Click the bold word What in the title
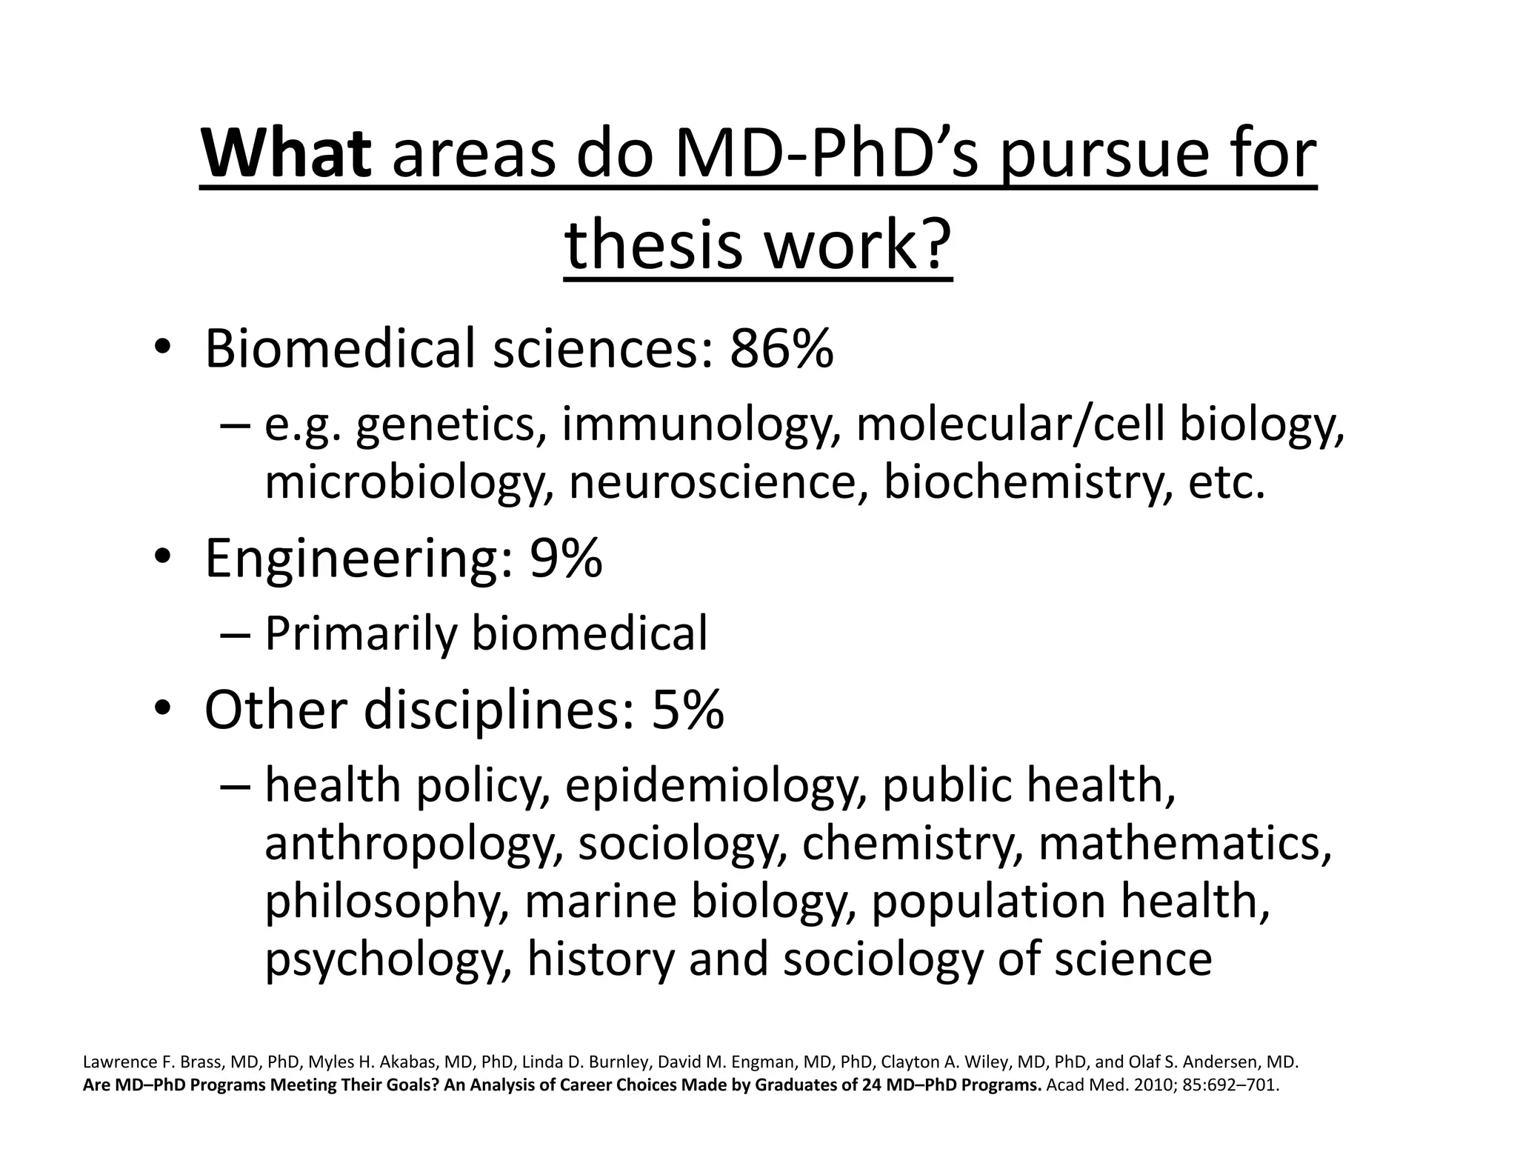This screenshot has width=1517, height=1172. pos(286,155)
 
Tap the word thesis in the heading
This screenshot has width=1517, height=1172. pos(652,244)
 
